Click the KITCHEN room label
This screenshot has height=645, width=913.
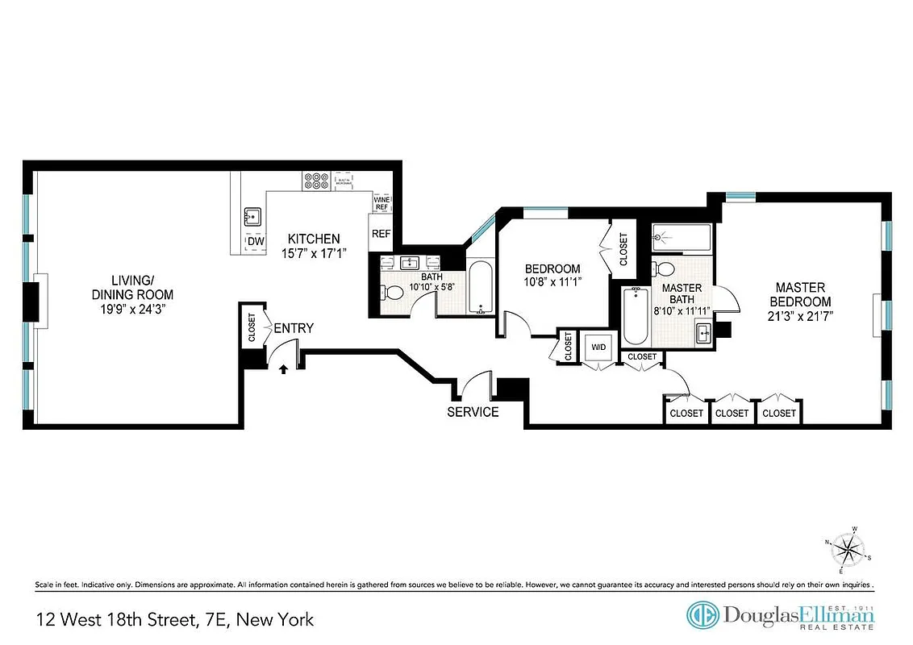tap(314, 239)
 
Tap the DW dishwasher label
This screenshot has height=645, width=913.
tap(256, 242)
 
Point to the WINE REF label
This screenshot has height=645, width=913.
tap(381, 203)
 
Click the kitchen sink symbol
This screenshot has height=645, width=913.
tap(252, 215)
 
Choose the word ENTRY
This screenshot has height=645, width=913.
tap(294, 328)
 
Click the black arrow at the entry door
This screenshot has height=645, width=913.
tap(283, 369)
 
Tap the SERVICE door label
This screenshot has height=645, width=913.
tap(473, 412)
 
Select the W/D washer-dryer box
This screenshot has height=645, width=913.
tap(598, 347)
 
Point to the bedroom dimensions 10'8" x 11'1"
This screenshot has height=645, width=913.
tap(552, 282)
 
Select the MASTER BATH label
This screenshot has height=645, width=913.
tap(680, 293)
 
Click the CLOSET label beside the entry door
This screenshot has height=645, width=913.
tap(252, 327)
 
